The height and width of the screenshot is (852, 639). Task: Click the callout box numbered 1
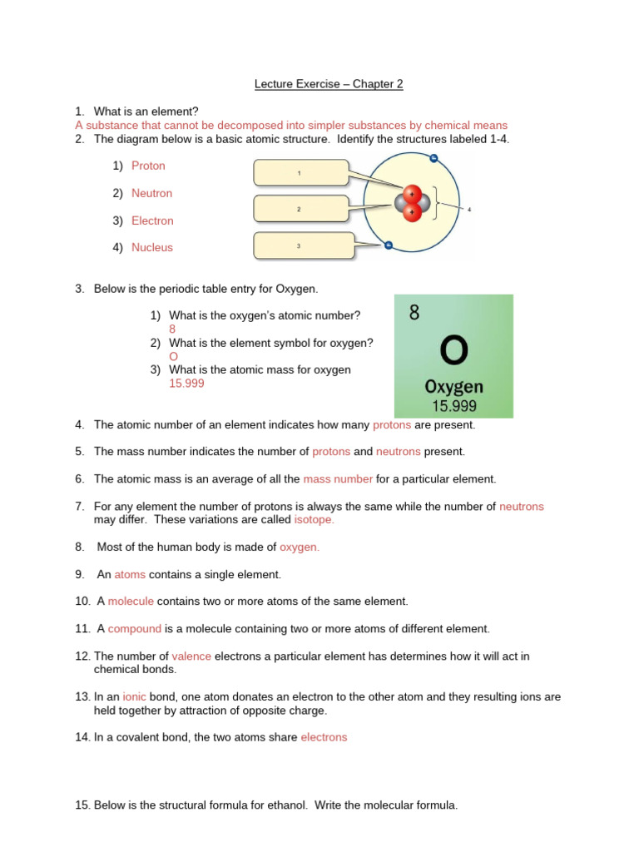(x=300, y=173)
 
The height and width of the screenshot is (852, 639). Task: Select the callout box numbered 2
(x=300, y=209)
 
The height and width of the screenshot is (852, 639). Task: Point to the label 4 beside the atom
(x=469, y=210)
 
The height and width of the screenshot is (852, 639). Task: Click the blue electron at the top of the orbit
(x=433, y=158)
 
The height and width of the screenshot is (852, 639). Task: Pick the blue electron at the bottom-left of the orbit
(x=388, y=245)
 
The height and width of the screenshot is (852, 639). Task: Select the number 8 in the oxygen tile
(x=414, y=314)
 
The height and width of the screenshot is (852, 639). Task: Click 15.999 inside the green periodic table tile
(x=453, y=406)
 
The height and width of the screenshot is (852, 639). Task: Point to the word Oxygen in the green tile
(x=453, y=387)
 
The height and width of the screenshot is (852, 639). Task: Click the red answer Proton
(x=148, y=166)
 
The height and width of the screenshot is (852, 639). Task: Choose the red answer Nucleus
(x=152, y=247)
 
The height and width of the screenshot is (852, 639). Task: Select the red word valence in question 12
(x=191, y=656)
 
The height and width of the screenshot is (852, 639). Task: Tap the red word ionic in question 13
(x=134, y=696)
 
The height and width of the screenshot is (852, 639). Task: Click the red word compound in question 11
(x=134, y=629)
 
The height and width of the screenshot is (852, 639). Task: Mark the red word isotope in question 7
(x=314, y=519)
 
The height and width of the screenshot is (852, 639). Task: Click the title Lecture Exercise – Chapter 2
(x=328, y=84)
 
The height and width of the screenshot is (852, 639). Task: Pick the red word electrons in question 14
(x=324, y=737)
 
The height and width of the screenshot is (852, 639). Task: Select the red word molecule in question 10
(x=131, y=602)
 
